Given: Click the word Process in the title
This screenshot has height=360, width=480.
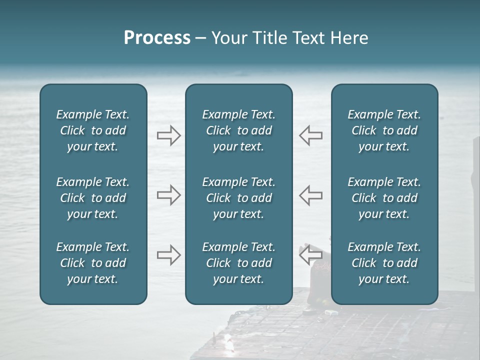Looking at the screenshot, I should (x=157, y=38).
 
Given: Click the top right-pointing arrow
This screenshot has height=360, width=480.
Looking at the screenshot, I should (x=168, y=135).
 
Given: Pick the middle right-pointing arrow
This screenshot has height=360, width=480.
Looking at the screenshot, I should (x=168, y=195).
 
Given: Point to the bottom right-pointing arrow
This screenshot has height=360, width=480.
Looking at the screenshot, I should (x=168, y=255).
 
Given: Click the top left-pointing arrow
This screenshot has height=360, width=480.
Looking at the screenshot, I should (x=310, y=135).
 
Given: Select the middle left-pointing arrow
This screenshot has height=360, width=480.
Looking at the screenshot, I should (x=310, y=195).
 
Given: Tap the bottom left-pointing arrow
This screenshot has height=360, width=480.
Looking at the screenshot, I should (x=310, y=255).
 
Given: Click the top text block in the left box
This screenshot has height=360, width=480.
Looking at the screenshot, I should (x=93, y=130).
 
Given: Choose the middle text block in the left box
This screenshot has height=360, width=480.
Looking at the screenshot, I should (x=93, y=198).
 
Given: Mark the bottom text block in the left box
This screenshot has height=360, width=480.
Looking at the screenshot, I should (x=93, y=263).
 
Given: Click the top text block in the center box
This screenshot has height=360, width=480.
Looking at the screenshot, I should (x=239, y=130).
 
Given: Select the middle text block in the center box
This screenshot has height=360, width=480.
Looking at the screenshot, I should (x=239, y=198).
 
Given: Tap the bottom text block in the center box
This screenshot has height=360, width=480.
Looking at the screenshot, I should (x=239, y=263).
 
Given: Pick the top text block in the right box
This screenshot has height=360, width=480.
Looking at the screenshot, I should (x=384, y=130).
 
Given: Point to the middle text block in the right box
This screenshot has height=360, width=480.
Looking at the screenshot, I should (x=384, y=198).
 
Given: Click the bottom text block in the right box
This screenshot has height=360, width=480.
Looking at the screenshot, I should (x=384, y=263).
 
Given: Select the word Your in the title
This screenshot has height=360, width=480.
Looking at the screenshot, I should (x=228, y=38).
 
